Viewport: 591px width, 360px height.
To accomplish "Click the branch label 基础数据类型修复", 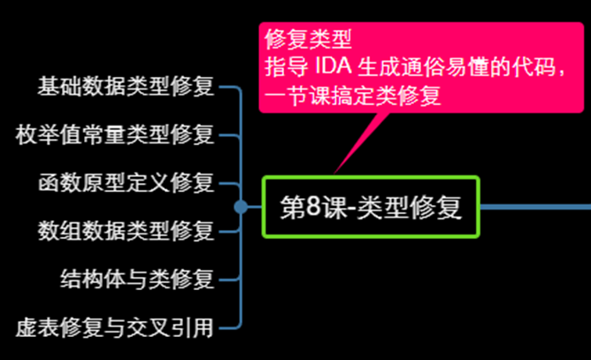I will pos(126,87).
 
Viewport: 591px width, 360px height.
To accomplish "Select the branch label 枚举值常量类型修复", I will pos(115,135).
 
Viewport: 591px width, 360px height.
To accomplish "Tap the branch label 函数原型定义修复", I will pos(126,184).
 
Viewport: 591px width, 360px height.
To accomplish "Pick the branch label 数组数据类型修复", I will pos(126,232).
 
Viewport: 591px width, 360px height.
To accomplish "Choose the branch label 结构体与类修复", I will pos(136,280).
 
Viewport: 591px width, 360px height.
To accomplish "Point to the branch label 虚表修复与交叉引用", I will pos(115,328).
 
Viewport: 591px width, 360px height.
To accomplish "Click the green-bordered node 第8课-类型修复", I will pos(370,208).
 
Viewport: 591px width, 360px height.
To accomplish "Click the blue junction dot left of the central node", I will pos(241,207).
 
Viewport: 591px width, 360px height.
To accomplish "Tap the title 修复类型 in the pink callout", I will pos(309,39).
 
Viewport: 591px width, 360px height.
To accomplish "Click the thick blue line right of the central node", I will pos(535,206).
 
